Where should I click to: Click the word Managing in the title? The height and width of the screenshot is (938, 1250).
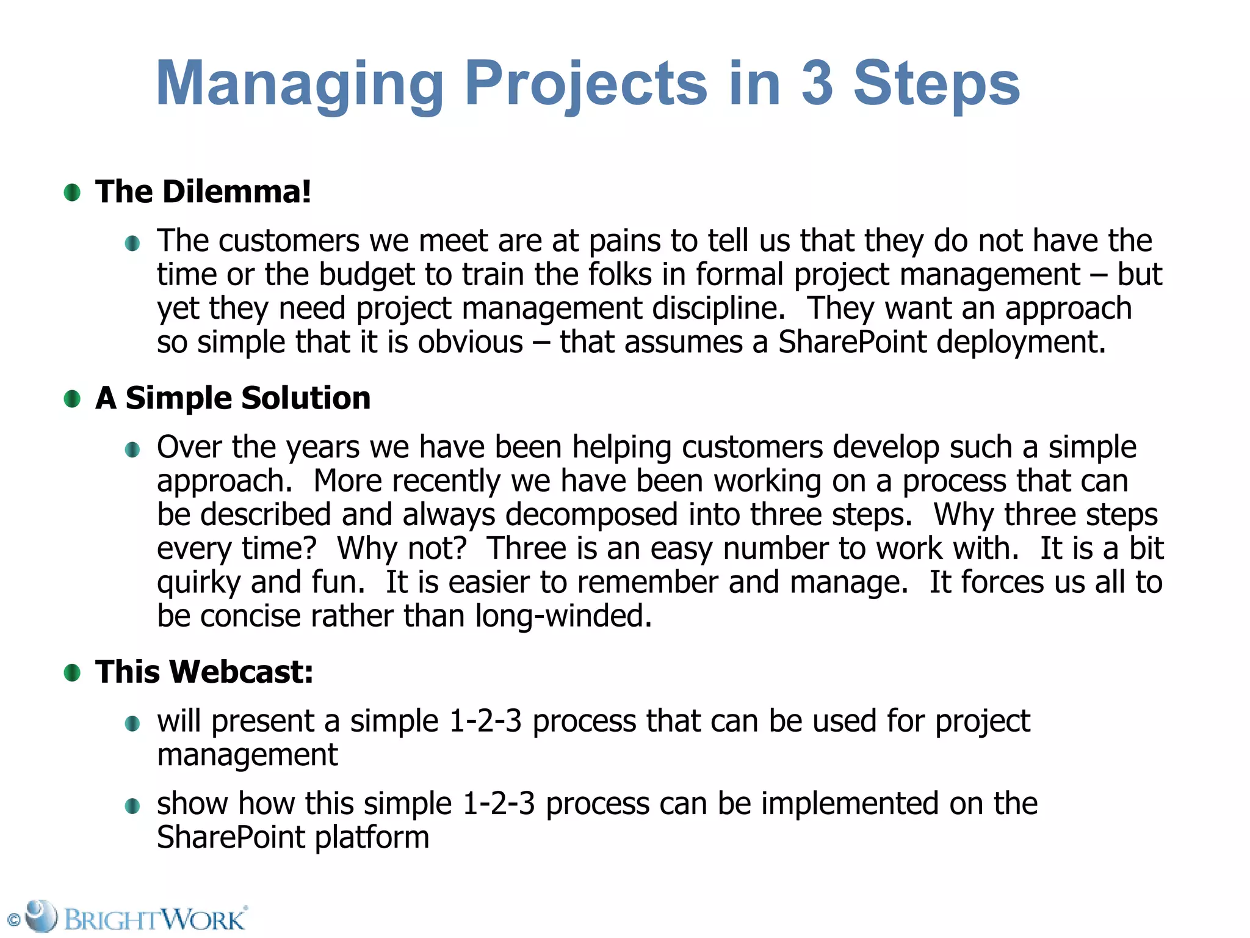click(300, 84)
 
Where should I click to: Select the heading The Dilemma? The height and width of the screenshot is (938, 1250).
click(203, 192)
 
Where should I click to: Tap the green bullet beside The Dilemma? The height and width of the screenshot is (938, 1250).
click(72, 193)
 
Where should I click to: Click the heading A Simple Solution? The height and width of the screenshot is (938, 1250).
click(233, 398)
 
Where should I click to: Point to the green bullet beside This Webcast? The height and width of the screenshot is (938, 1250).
click(72, 673)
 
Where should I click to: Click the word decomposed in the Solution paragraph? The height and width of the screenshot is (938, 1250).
click(591, 514)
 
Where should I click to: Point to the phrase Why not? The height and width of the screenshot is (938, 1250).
click(402, 548)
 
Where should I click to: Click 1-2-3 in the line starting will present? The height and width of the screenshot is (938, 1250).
click(485, 721)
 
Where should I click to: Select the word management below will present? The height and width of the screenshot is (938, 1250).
click(247, 755)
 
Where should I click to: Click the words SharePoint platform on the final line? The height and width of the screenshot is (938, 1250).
click(293, 837)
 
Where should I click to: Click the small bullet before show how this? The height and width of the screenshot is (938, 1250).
click(132, 806)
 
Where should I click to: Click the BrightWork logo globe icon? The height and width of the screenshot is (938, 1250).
click(41, 915)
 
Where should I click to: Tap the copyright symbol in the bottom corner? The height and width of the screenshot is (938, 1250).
click(13, 920)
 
